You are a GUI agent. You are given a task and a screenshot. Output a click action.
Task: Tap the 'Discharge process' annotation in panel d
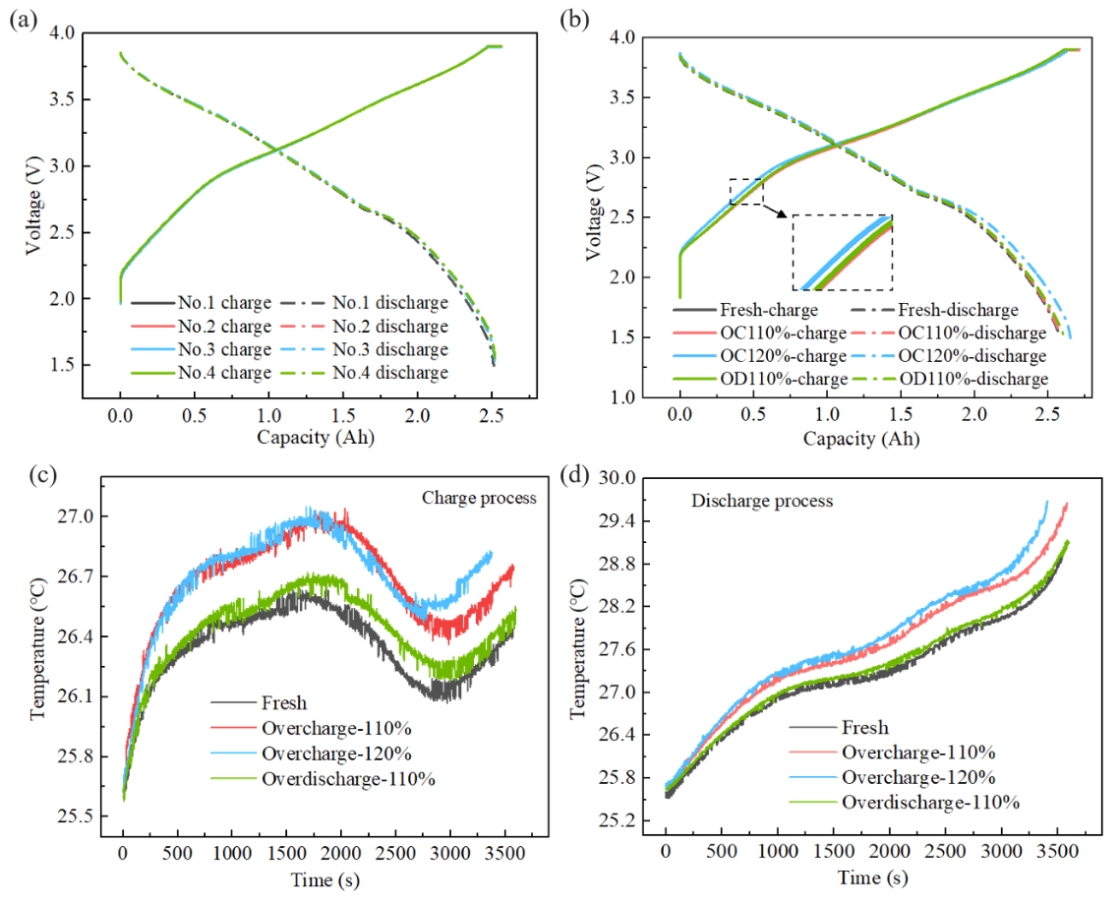(762, 501)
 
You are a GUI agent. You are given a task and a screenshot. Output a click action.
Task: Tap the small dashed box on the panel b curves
(745, 191)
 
